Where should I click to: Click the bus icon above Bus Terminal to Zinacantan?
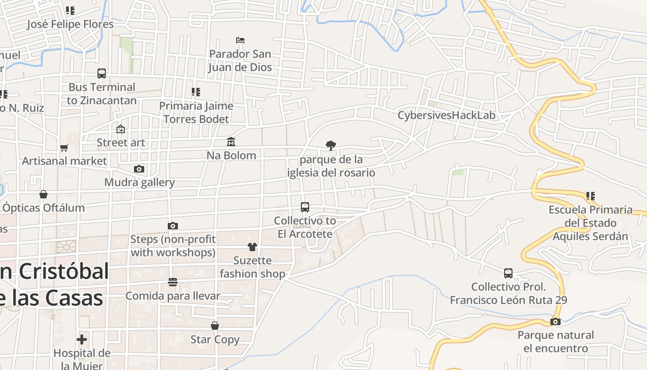pyautogui.click(x=102, y=73)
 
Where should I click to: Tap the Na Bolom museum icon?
pyautogui.click(x=231, y=141)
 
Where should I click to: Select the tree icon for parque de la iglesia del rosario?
pyautogui.click(x=330, y=146)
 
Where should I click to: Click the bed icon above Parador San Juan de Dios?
pyautogui.click(x=240, y=40)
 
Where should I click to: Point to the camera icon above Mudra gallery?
pyautogui.click(x=139, y=169)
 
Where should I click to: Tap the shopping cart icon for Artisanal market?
pyautogui.click(x=64, y=148)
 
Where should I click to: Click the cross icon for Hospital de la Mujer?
pyautogui.click(x=82, y=339)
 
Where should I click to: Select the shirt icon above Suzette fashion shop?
pyautogui.click(x=252, y=247)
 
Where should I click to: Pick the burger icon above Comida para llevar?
pyautogui.click(x=173, y=282)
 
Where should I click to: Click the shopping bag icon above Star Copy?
pyautogui.click(x=215, y=326)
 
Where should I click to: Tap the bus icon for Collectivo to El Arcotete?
pyautogui.click(x=305, y=207)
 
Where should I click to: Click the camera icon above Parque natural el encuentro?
pyautogui.click(x=555, y=321)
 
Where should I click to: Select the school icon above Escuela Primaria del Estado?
pyautogui.click(x=590, y=196)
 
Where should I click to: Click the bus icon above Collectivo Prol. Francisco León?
pyautogui.click(x=508, y=273)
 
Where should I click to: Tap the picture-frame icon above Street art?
pyautogui.click(x=121, y=129)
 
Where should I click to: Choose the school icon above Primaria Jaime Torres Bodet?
pyautogui.click(x=196, y=92)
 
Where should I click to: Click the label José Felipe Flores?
pyautogui.click(x=70, y=24)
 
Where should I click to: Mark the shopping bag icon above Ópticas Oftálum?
pyautogui.click(x=43, y=194)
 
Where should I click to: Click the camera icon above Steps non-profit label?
pyautogui.click(x=173, y=226)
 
